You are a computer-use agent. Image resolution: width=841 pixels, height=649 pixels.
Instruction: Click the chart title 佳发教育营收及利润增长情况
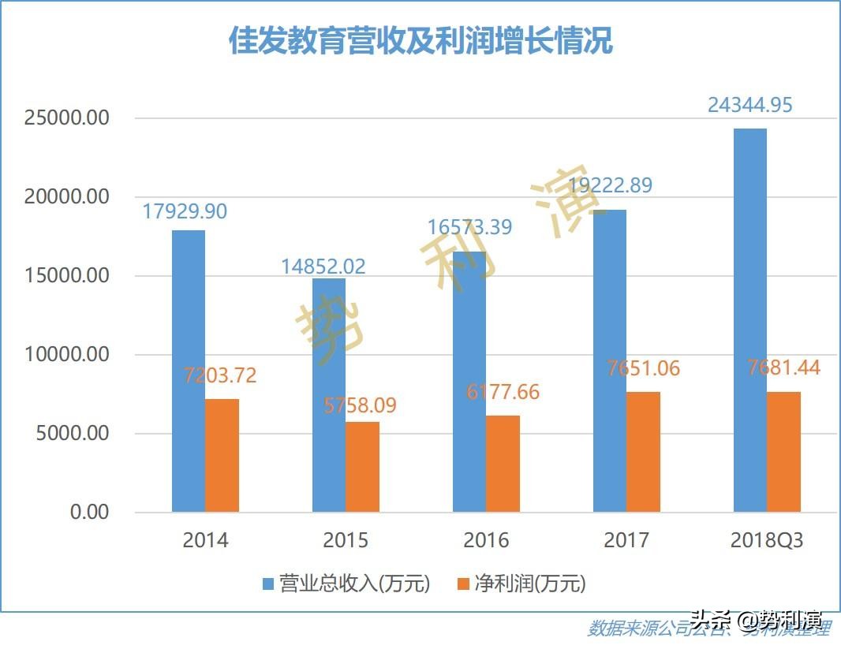[420, 41]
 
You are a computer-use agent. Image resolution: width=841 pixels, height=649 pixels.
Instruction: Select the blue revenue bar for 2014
[189, 371]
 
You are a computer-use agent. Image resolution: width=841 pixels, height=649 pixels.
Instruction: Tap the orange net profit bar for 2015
[362, 467]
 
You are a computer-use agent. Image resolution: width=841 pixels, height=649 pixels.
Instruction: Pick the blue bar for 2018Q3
[749, 320]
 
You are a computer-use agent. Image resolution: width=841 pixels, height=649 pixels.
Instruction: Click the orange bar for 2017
[643, 452]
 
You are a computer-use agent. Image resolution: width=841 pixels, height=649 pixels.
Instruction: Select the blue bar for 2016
[469, 382]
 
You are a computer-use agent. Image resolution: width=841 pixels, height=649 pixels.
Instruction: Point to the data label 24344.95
[749, 105]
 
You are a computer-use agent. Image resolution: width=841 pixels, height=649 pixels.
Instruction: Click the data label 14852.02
[323, 267]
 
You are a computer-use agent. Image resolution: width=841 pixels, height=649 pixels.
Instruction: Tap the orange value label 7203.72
[220, 375]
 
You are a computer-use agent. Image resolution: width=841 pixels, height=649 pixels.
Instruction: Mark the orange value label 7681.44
[783, 367]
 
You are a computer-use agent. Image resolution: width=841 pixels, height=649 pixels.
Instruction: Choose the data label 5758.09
[361, 405]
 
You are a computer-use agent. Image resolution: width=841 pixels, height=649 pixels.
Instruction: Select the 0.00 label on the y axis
[89, 513]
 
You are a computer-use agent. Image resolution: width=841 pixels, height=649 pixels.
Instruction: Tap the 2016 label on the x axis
[486, 540]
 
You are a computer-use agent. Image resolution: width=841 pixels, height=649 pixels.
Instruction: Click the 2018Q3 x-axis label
[767, 540]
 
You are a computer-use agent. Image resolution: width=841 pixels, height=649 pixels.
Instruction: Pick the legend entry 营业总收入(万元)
[347, 584]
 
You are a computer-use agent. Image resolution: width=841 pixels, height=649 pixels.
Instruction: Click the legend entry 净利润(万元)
[523, 584]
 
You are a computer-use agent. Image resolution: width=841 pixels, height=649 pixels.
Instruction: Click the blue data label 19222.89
[611, 185]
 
